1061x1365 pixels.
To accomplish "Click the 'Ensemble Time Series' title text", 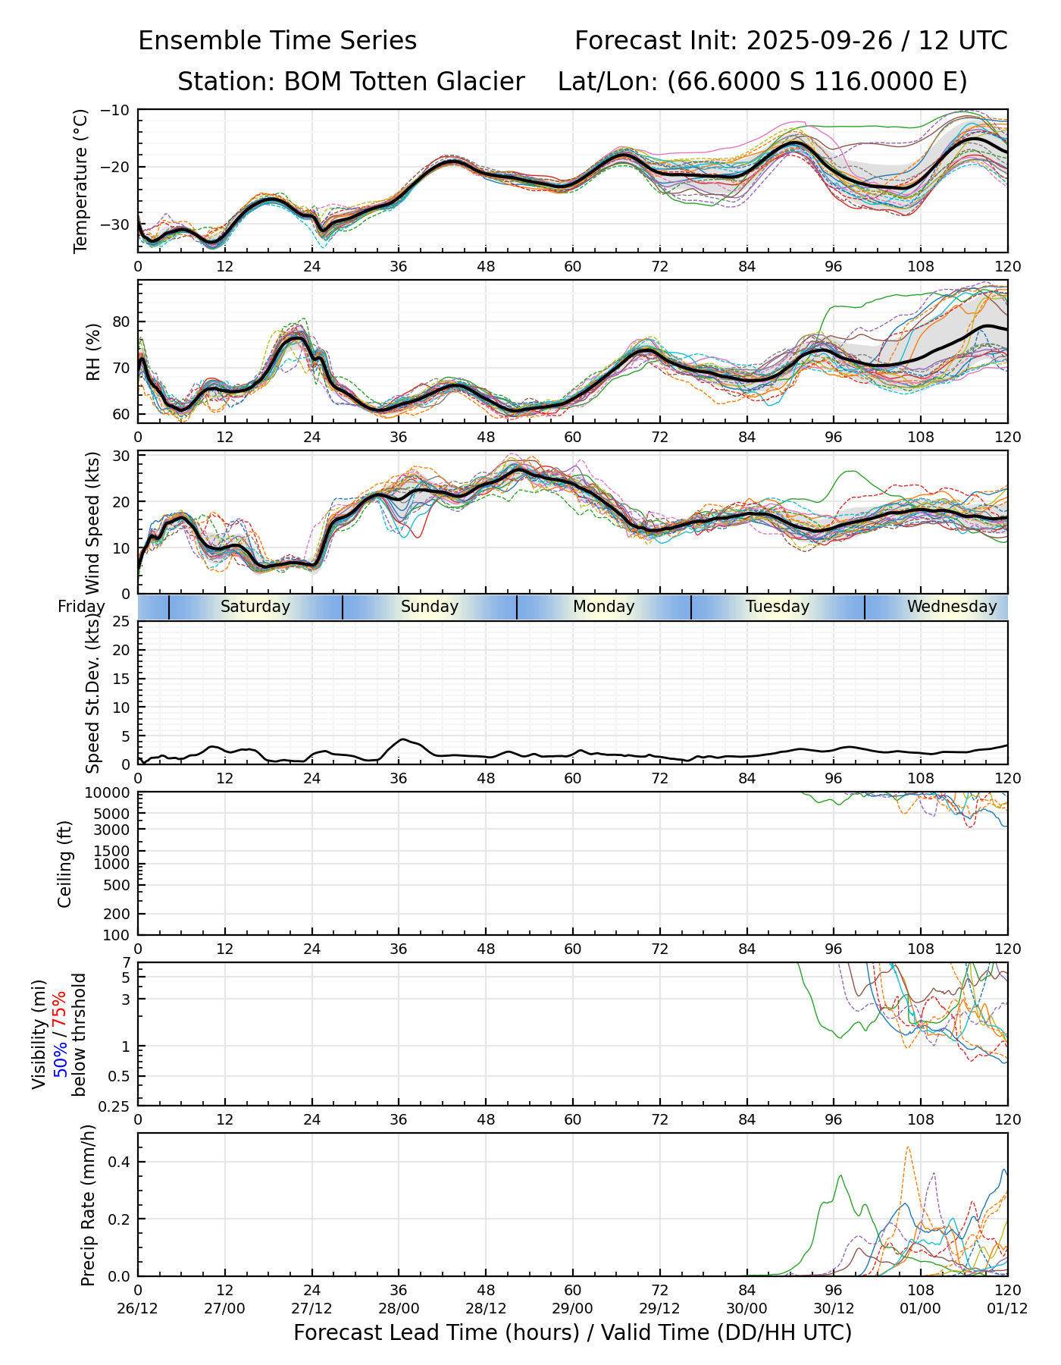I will click(x=277, y=41).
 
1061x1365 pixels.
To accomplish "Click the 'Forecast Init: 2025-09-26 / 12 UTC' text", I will click(x=790, y=41).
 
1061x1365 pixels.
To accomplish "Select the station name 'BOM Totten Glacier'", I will click(x=404, y=82).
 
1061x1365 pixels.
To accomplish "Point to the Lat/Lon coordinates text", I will click(x=762, y=82).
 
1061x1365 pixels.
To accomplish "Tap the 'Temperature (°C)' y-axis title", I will click(x=81, y=180).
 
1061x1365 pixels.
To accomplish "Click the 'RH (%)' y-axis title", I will click(x=93, y=352).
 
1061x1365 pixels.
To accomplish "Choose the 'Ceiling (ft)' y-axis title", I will click(x=65, y=864).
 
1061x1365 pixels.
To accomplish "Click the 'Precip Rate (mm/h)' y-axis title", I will click(x=88, y=1205).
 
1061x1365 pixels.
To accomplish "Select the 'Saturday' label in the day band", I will click(x=255, y=607).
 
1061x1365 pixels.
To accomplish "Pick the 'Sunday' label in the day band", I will click(x=430, y=607).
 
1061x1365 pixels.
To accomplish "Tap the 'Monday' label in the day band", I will click(x=603, y=607).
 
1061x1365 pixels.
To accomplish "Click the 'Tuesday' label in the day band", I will click(x=778, y=607).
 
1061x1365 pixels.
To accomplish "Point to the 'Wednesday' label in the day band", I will click(x=951, y=607).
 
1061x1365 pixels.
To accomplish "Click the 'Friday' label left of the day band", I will click(x=81, y=607).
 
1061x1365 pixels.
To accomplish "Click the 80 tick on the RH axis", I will click(x=123, y=322).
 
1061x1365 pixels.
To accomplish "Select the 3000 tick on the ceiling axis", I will click(x=114, y=830).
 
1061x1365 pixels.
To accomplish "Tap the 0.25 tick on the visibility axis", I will click(x=115, y=1106).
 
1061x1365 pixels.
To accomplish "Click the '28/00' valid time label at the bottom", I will click(x=399, y=1310).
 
